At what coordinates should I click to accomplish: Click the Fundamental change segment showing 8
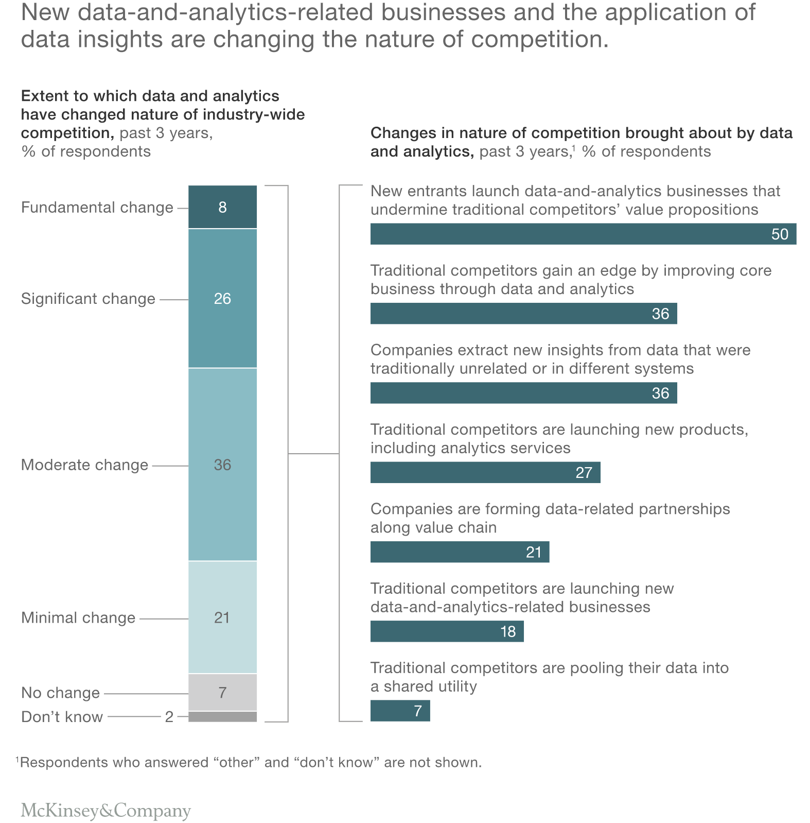pos(222,207)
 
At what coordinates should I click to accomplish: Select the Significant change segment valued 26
pos(222,298)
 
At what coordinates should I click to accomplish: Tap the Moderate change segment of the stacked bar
pos(222,465)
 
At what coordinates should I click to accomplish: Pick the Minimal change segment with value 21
pos(222,617)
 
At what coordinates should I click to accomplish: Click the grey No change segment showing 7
pos(222,692)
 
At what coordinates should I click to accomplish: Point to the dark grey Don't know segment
pos(222,716)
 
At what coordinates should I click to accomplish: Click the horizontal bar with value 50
pos(583,234)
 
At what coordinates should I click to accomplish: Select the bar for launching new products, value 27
pos(485,472)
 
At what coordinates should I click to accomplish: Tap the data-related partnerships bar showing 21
pos(459,552)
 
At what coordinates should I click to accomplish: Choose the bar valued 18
pos(446,631)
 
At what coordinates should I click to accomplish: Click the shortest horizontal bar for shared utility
pos(400,711)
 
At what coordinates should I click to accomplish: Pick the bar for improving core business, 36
pos(523,313)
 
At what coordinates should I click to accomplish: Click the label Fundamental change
pos(97,208)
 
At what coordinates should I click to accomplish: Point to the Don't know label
pos(62,717)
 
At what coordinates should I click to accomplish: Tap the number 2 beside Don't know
pos(169,717)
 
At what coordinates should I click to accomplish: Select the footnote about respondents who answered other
pos(249,762)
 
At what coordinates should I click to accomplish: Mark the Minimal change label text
pos(78,618)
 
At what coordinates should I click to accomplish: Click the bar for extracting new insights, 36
pos(523,393)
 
